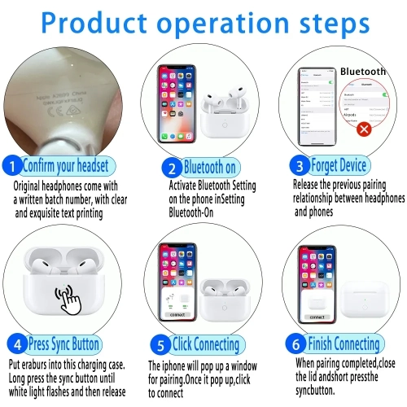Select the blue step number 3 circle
(x=299, y=166)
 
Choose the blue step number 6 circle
(x=298, y=343)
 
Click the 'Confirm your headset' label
(x=65, y=167)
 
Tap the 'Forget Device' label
(x=338, y=166)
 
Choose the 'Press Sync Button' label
(x=64, y=343)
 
